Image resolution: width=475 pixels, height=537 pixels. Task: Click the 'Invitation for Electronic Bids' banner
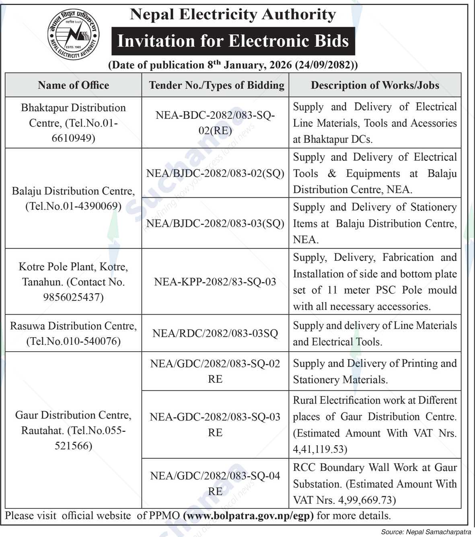(x=233, y=41)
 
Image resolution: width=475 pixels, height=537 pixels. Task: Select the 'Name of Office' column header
(x=73, y=85)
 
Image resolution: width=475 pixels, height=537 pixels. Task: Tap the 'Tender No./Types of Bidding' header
(x=216, y=85)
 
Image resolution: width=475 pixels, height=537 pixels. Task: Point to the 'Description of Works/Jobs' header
(x=375, y=85)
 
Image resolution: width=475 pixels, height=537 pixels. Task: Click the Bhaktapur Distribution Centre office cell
(x=73, y=123)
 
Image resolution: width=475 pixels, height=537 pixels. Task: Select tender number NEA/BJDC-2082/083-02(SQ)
(x=215, y=173)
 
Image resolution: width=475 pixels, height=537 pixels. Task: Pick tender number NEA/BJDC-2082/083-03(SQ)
(x=215, y=223)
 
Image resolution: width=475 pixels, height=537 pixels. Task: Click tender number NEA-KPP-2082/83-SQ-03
(x=215, y=282)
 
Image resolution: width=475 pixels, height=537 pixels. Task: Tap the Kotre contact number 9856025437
(x=73, y=297)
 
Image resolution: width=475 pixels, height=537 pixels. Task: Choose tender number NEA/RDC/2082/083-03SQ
(x=215, y=334)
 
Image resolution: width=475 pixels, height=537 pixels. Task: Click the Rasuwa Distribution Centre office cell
(x=73, y=333)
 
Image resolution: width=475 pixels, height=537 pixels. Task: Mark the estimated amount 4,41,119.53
(x=320, y=449)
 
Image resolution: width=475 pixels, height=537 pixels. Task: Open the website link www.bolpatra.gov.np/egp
(x=248, y=516)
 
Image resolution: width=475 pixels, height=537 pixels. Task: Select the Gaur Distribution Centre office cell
(x=73, y=430)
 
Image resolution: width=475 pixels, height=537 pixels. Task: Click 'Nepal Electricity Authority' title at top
(x=233, y=15)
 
